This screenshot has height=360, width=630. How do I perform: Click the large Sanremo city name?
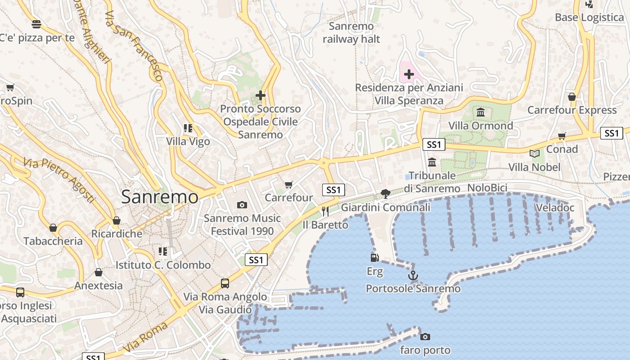[160, 197]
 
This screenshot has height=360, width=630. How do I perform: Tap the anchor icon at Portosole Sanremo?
[413, 275]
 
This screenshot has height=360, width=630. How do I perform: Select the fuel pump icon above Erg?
[374, 257]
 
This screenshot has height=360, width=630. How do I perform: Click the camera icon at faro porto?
[425, 337]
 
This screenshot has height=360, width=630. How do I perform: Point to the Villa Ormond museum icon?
[481, 112]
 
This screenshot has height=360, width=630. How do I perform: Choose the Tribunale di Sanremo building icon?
[432, 162]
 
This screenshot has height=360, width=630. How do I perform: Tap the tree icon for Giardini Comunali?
[385, 194]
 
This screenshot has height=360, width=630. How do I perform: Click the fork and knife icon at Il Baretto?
[325, 211]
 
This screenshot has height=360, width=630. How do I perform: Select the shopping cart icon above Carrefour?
[289, 184]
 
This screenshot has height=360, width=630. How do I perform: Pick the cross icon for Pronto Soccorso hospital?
[260, 95]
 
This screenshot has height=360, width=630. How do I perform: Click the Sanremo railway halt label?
[351, 32]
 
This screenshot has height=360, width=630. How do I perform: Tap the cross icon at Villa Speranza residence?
[409, 74]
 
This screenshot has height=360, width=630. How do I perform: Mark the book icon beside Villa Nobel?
[535, 153]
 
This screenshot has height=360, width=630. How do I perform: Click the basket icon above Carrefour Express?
[571, 97]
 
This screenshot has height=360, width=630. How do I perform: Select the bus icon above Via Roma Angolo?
[225, 283]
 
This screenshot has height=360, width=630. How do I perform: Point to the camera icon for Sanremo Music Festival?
[242, 205]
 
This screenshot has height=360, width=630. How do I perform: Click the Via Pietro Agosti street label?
[59, 180]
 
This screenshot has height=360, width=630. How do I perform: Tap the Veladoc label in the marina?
[555, 207]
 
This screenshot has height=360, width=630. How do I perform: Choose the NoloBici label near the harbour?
[487, 188]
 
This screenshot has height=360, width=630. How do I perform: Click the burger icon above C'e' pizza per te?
[36, 24]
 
